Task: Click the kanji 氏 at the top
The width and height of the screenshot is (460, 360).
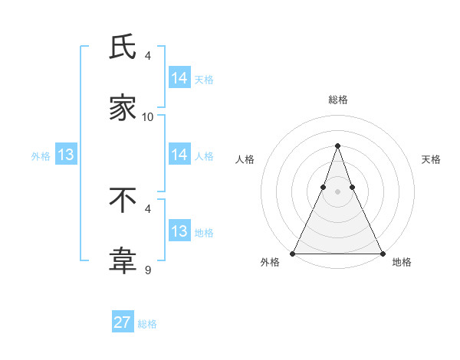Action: (x=123, y=48)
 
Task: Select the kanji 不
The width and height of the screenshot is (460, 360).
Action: (x=123, y=200)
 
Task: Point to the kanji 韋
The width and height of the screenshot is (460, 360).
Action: (x=123, y=261)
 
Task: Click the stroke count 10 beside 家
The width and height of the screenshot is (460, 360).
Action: (x=148, y=116)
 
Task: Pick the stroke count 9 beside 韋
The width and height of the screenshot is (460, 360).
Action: (x=148, y=269)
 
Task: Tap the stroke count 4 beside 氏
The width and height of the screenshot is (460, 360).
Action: (x=148, y=56)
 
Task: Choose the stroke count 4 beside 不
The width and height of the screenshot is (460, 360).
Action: (x=148, y=208)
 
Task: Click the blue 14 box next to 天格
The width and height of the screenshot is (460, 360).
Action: (x=179, y=78)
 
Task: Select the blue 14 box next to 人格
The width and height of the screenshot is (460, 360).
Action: (x=179, y=155)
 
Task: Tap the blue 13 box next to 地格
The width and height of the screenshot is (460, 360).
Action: (x=179, y=231)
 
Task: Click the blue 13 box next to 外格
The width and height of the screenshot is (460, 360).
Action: (x=66, y=155)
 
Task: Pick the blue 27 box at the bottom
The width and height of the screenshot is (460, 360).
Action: (x=123, y=322)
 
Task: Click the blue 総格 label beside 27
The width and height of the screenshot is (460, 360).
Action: (x=148, y=324)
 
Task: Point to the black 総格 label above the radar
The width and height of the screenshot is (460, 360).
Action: (x=338, y=100)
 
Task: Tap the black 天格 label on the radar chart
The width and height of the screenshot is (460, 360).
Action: (x=431, y=159)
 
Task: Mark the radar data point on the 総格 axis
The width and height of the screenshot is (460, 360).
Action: (x=337, y=146)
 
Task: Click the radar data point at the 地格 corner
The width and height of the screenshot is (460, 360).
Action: (x=382, y=253)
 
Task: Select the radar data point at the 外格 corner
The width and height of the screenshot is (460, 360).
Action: (x=293, y=253)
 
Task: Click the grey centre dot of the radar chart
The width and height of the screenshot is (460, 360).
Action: (x=337, y=191)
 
